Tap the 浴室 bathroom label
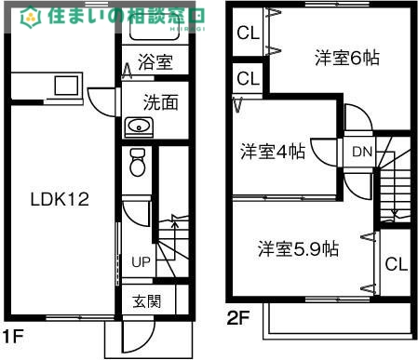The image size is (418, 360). pyautogui.click(x=155, y=63)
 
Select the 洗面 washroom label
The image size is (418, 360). pyautogui.click(x=160, y=102)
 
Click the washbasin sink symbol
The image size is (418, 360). pyautogui.click(x=139, y=127)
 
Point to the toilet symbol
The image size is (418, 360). pyautogui.click(x=138, y=163)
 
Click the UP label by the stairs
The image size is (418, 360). pyautogui.click(x=140, y=261)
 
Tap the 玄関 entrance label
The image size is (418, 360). pyautogui.click(x=146, y=301)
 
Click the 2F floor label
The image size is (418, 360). pyautogui.click(x=239, y=318)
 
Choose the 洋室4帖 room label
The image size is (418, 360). pyautogui.click(x=272, y=150)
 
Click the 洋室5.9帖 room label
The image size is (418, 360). pyautogui.click(x=298, y=248)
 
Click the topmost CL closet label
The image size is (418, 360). pyautogui.click(x=248, y=34)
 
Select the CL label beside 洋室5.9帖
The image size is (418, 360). pyautogui.click(x=396, y=263)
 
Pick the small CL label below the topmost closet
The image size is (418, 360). pyautogui.click(x=248, y=77)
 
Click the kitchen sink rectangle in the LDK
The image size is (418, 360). pyautogui.click(x=65, y=87)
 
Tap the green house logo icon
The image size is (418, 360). pyautogui.click(x=30, y=16)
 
